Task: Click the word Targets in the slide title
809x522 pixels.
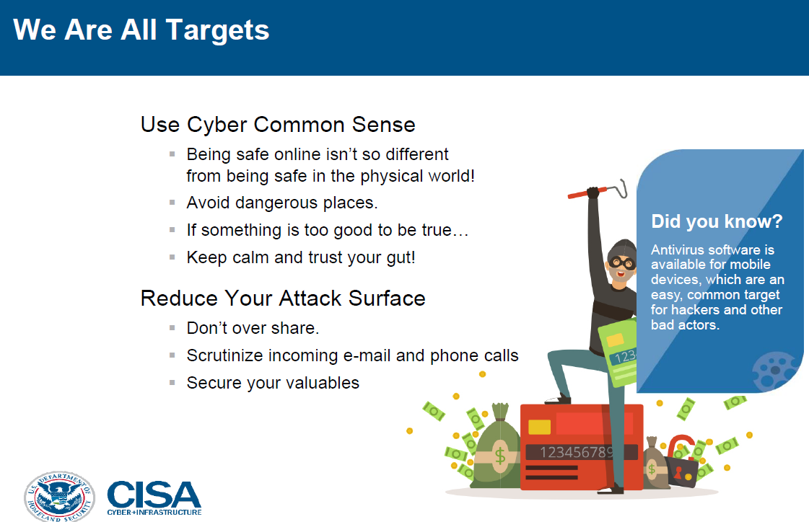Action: (x=217, y=30)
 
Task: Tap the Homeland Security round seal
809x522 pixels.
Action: (x=59, y=497)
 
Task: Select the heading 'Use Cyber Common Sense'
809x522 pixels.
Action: (x=278, y=125)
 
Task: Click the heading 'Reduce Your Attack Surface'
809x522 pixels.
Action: (x=283, y=298)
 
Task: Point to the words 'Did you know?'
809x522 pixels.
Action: (x=717, y=221)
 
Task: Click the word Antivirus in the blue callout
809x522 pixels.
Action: (x=678, y=250)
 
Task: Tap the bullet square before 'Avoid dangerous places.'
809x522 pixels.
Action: (x=172, y=203)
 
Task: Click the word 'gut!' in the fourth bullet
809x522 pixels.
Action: (x=401, y=257)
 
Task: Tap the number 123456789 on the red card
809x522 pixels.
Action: (x=577, y=453)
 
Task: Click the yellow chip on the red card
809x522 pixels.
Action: (x=540, y=427)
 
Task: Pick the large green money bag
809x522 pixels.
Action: (x=497, y=448)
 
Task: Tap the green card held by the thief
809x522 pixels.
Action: (x=618, y=353)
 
